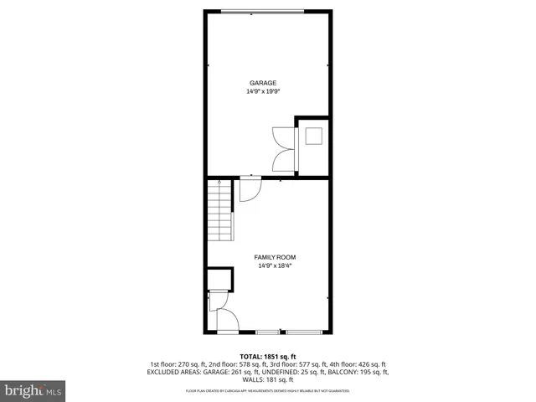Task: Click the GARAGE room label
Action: (263, 82)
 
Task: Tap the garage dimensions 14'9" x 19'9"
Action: (263, 91)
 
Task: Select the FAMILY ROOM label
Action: (275, 257)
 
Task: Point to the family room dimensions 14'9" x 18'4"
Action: (275, 266)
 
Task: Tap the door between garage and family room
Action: (250, 189)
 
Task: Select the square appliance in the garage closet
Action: (313, 136)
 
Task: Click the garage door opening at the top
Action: (263, 11)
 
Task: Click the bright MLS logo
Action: (33, 389)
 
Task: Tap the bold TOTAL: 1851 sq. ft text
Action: (268, 357)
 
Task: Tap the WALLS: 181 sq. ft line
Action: (268, 379)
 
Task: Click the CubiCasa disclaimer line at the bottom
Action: (268, 391)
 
